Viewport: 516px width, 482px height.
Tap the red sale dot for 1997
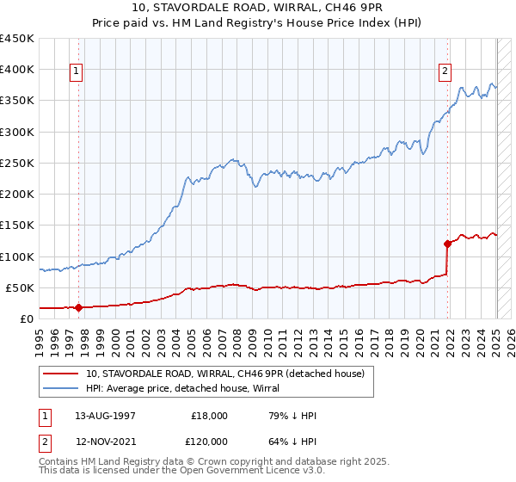pyautogui.click(x=78, y=307)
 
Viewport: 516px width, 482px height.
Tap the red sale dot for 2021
pyautogui.click(x=447, y=244)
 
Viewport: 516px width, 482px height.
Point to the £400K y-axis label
pyautogui.click(x=17, y=70)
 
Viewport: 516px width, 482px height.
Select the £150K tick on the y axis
pyautogui.click(x=17, y=226)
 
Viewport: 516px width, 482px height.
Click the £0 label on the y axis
pyautogui.click(x=26, y=318)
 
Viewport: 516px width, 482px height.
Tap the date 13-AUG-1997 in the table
pyautogui.click(x=105, y=416)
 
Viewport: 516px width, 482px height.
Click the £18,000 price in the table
pyautogui.click(x=209, y=416)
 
